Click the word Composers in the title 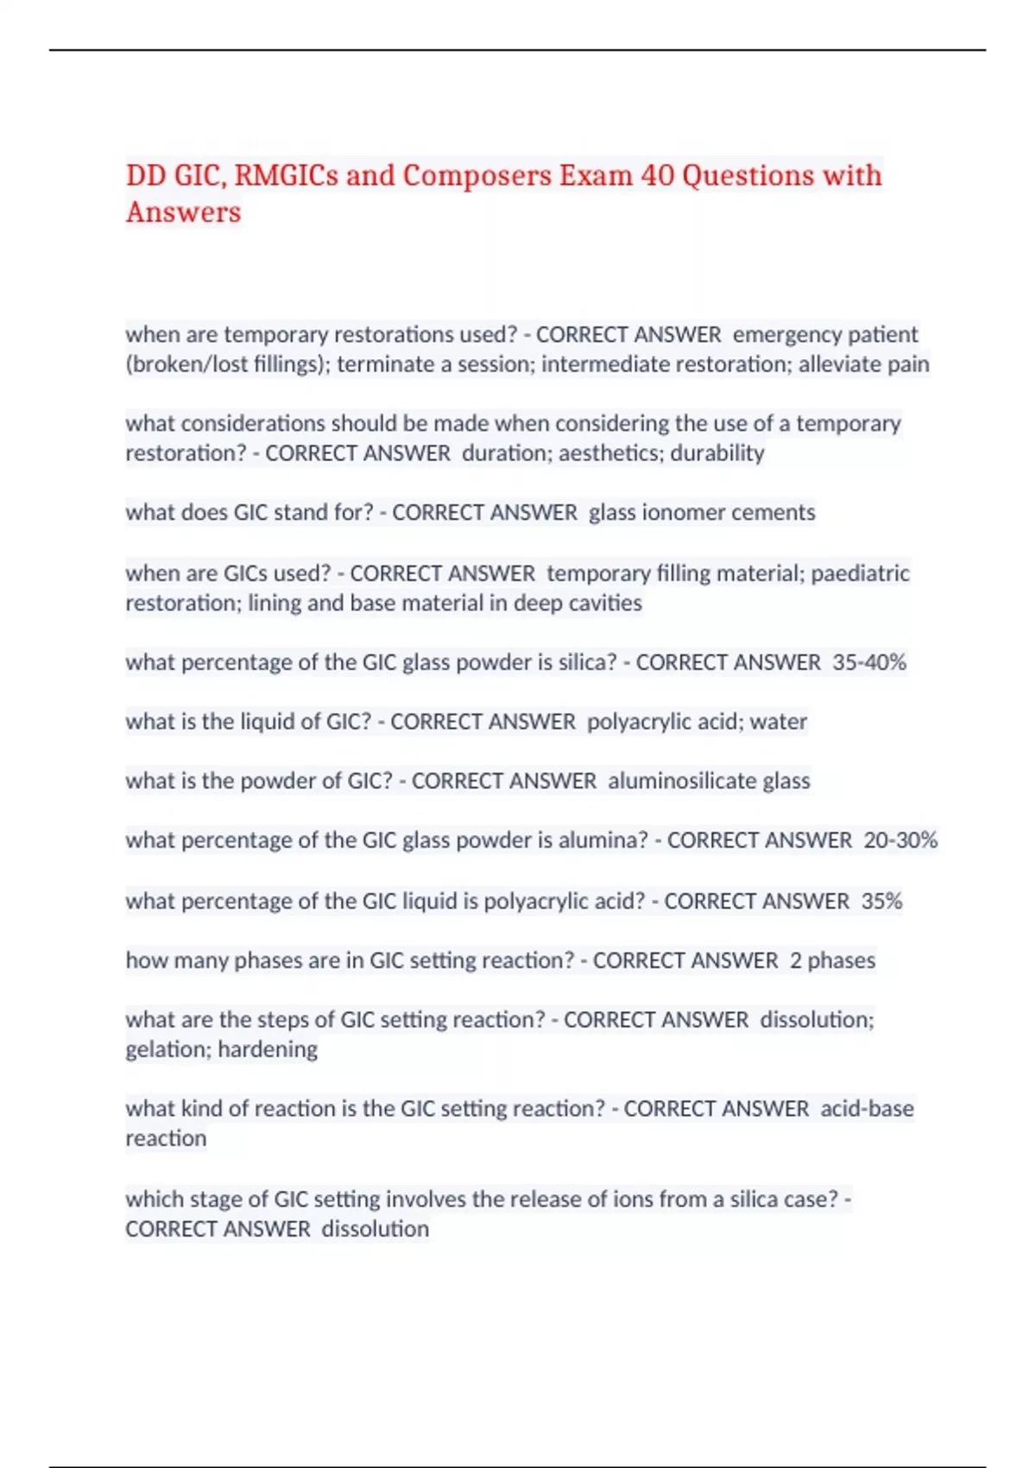(x=477, y=176)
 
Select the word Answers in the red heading (x=183, y=212)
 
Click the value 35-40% (x=869, y=662)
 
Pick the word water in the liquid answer (x=779, y=722)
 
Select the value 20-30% (x=900, y=840)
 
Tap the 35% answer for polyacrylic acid (x=881, y=902)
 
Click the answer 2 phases (x=832, y=960)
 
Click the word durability (x=717, y=453)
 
